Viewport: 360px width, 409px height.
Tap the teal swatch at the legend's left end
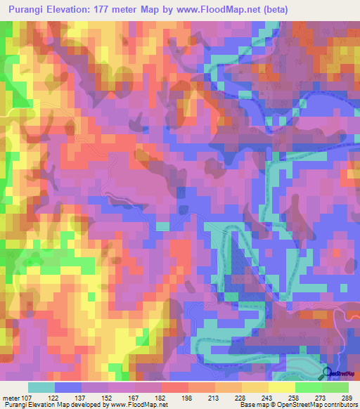pyautogui.click(x=41, y=387)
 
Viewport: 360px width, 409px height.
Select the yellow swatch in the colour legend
pyautogui.click(x=281, y=387)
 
